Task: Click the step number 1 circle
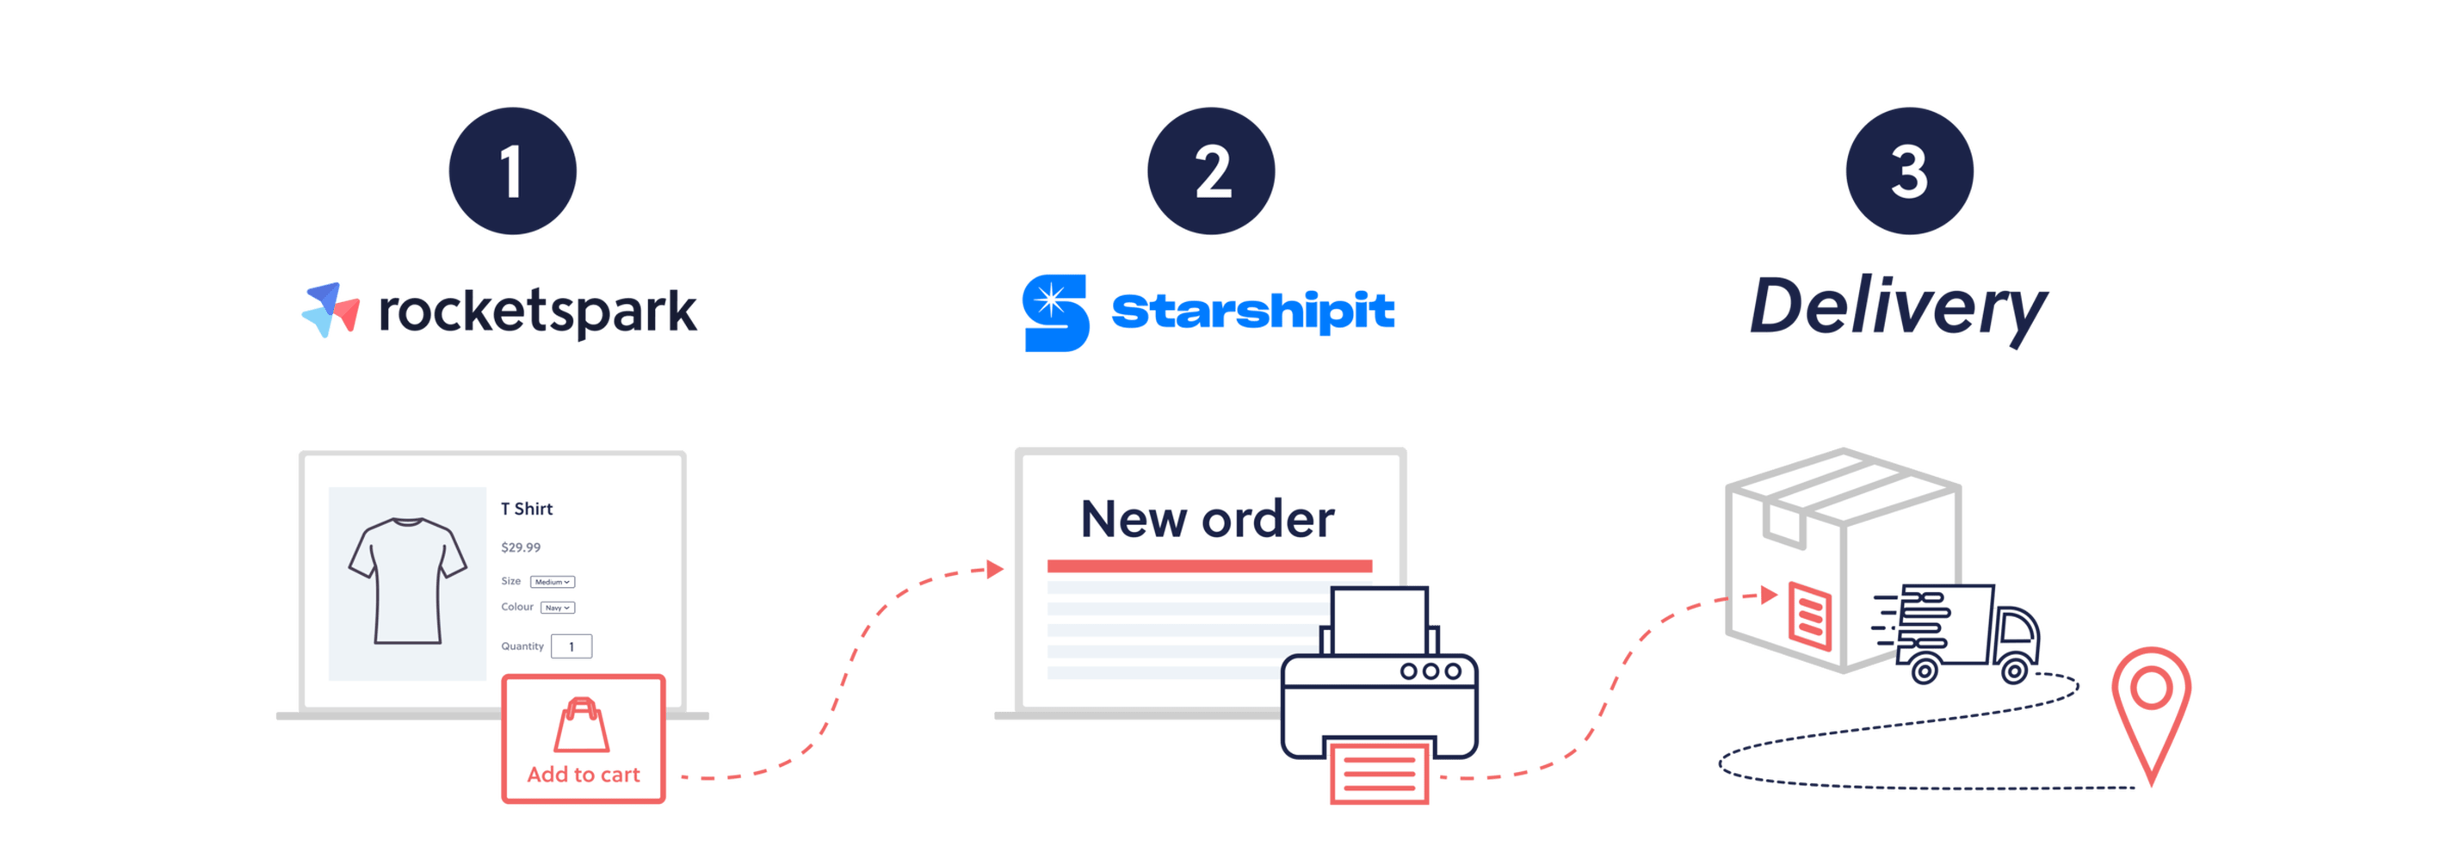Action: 512,171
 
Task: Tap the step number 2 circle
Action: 1211,171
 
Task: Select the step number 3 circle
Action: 1909,171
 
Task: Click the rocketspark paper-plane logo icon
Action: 331,310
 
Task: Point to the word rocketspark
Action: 538,312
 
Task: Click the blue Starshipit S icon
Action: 1055,313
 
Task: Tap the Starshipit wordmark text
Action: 1253,312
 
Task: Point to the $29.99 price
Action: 521,547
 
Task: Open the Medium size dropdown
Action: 553,582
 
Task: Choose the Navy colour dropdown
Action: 558,608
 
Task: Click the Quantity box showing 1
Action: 572,646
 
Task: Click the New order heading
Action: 1208,520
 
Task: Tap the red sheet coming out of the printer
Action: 1379,773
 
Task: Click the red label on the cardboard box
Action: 1809,615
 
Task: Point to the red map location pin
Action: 2151,705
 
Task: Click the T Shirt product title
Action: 527,509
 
